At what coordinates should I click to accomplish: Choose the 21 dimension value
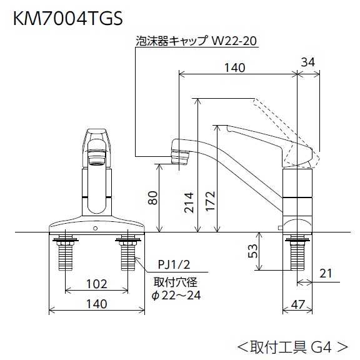324,274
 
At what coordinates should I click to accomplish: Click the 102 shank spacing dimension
96,282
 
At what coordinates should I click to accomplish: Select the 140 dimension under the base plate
96,304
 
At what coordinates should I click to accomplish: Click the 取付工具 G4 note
291,344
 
